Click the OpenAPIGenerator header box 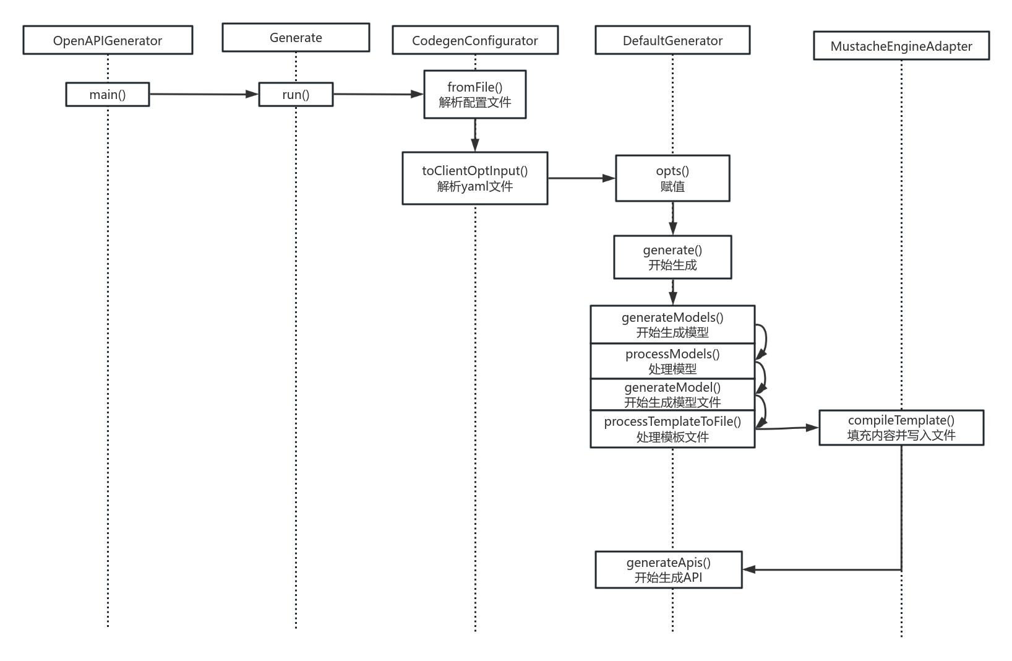tap(108, 40)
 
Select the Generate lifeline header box tap(296, 38)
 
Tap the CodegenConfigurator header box tap(475, 40)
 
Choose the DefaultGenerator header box tap(672, 40)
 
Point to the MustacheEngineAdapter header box tap(901, 46)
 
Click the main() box tap(108, 95)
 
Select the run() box tap(296, 95)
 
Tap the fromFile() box tap(475, 95)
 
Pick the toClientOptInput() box tap(475, 178)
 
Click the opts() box tap(672, 178)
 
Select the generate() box tap(672, 257)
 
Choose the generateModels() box tap(672, 324)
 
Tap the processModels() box tap(672, 361)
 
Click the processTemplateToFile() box tap(672, 429)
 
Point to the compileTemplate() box tap(901, 428)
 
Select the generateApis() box tap(668, 570)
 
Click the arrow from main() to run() tap(204, 94)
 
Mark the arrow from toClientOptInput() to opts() tap(581, 178)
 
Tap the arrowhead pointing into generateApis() tap(749, 569)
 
